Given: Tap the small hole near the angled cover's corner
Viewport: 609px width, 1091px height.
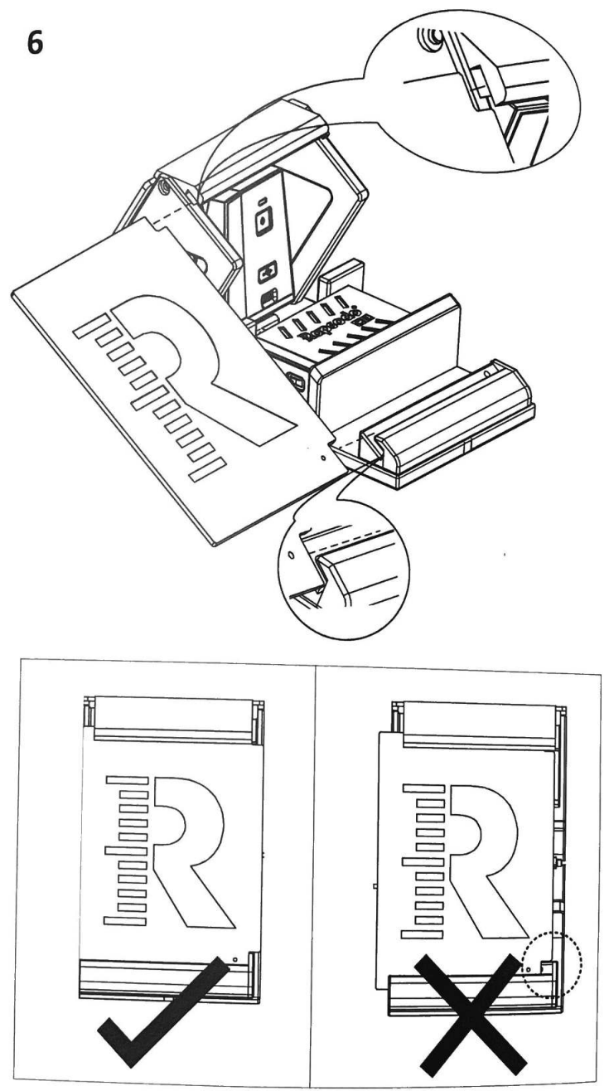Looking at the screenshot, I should pos(321,455).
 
